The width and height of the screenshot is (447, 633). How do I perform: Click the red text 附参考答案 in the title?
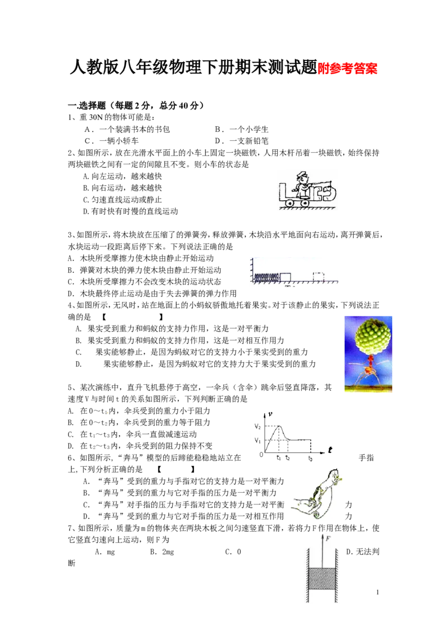(x=348, y=69)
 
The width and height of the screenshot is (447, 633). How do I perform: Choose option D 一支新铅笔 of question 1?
(x=241, y=141)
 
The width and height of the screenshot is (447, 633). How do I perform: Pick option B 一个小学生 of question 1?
(x=241, y=129)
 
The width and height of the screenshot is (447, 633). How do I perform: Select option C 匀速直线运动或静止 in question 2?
(x=122, y=200)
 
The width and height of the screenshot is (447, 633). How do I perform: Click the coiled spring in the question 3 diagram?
(x=267, y=277)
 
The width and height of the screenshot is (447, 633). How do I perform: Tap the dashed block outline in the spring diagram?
(x=318, y=277)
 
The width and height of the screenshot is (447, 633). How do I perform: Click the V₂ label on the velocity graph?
(x=258, y=426)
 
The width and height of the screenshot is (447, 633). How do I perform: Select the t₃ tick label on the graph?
(x=310, y=458)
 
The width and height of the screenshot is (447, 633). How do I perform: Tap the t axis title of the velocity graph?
(x=330, y=450)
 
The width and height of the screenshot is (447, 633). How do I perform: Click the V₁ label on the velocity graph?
(x=258, y=441)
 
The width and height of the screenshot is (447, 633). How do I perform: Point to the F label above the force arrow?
(x=328, y=538)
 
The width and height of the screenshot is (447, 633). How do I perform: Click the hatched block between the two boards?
(x=321, y=579)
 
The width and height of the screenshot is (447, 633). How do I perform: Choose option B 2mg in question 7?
(x=162, y=552)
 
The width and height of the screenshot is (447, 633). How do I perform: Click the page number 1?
(x=378, y=592)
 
